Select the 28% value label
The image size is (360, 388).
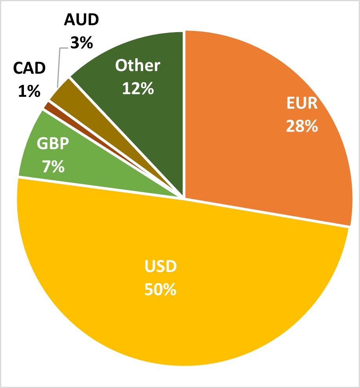pos(302,126)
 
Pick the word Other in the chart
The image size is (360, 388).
pos(137,66)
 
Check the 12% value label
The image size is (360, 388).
pos(137,89)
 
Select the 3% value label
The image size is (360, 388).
pos(81,43)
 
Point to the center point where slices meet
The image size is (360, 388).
pos(184,197)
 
